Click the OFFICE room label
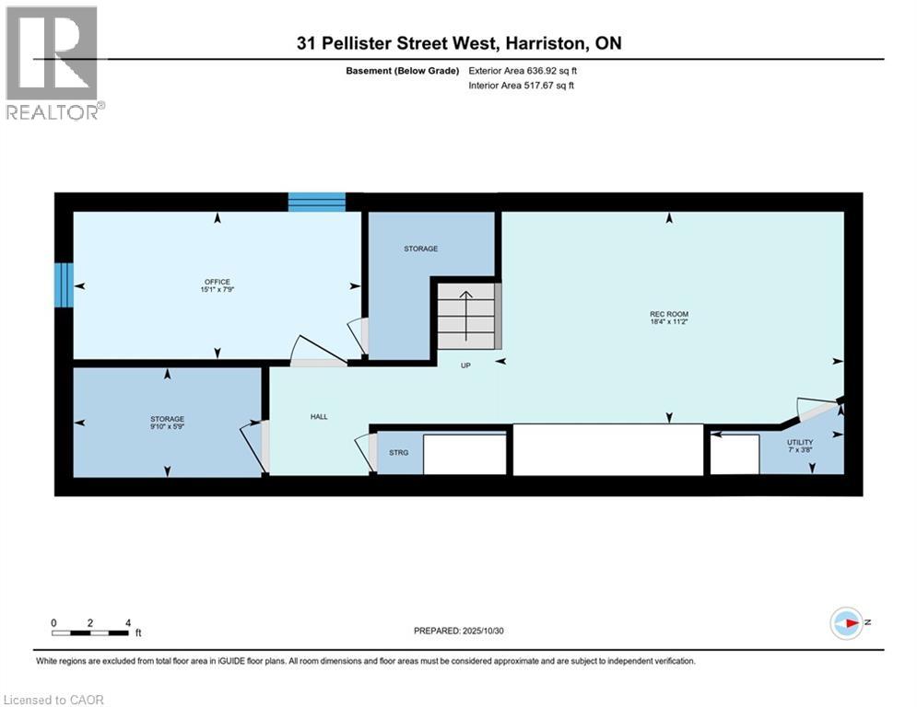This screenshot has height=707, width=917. (217, 282)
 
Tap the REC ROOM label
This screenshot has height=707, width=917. (669, 314)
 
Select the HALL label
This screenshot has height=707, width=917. (319, 417)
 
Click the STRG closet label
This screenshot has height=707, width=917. (398, 453)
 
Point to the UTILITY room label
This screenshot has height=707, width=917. (799, 443)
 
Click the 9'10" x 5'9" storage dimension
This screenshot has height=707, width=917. (167, 427)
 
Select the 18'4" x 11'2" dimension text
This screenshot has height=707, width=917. (669, 323)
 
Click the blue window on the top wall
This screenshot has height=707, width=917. (317, 202)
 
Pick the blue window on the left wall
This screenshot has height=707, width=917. (63, 284)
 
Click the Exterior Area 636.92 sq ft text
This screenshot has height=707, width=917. (523, 71)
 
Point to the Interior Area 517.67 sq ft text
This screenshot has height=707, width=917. (522, 86)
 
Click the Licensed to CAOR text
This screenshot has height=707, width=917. (54, 700)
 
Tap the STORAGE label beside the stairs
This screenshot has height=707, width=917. (419, 249)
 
